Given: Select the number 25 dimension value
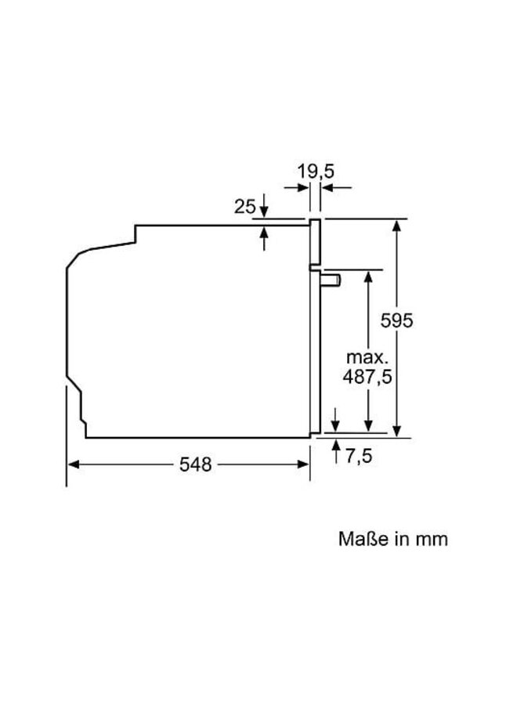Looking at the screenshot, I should [x=245, y=207].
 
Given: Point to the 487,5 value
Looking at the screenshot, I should [x=367, y=376].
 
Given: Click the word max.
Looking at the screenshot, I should [x=366, y=356].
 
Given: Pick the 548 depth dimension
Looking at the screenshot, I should [x=195, y=465].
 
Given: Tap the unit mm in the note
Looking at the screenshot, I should [x=432, y=539].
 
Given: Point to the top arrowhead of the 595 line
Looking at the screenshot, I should [x=398, y=226].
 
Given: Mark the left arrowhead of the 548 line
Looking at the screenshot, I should [x=73, y=465].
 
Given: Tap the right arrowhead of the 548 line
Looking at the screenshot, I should [x=305, y=465].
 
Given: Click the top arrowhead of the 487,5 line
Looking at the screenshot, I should [x=367, y=275].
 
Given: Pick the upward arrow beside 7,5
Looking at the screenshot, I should [x=336, y=444].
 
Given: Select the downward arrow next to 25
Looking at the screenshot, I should [x=265, y=213].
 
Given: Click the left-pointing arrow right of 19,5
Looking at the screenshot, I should [x=327, y=188].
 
